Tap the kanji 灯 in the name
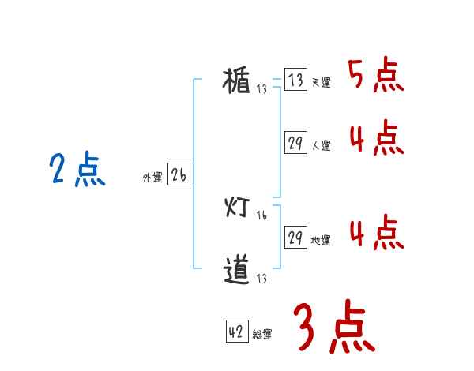point(237,208)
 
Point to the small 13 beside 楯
point(261,89)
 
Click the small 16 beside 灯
point(261,215)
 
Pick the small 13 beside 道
point(261,279)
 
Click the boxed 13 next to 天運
point(295,80)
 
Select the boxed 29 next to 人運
point(295,143)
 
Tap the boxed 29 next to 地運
point(295,238)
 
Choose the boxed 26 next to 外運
point(179,175)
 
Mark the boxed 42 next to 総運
point(236,332)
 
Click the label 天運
point(321,83)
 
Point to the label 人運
point(321,146)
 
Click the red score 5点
point(376,76)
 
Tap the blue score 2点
point(77,170)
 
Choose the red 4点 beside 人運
point(376,138)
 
